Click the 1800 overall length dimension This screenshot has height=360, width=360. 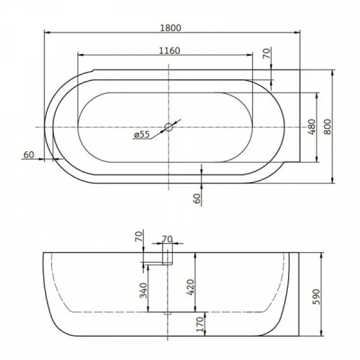(x=170, y=27)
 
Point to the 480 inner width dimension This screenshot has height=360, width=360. (x=311, y=127)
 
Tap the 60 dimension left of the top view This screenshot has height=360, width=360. (x=28, y=155)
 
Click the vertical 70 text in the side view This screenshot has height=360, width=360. (x=139, y=236)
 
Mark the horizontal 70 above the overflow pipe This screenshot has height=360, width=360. (x=167, y=239)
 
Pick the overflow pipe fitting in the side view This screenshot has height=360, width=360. (x=167, y=257)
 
